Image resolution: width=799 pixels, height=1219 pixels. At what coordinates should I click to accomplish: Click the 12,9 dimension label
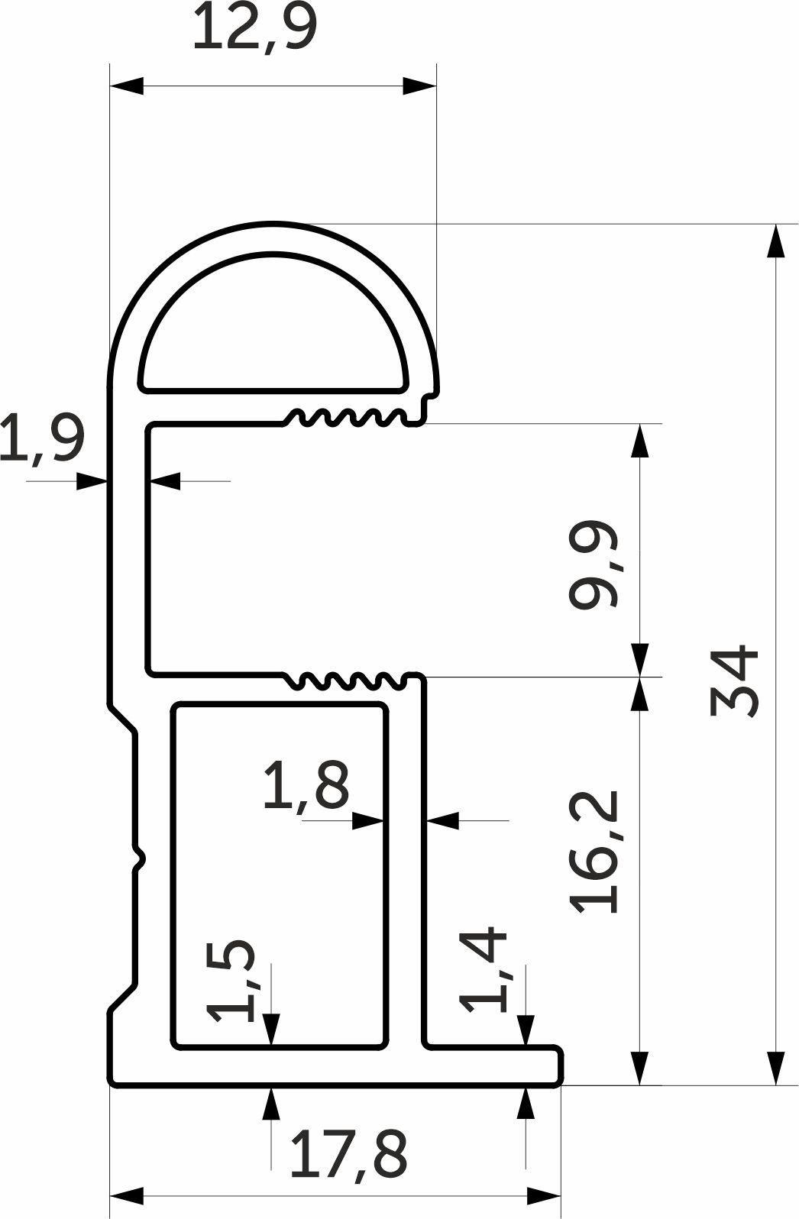[x=254, y=27]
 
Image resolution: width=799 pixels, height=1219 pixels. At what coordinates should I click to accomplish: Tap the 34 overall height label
[x=734, y=681]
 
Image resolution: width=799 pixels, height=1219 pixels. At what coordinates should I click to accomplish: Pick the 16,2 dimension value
[x=594, y=851]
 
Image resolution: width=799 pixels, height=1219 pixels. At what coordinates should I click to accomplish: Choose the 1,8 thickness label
[x=306, y=784]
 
